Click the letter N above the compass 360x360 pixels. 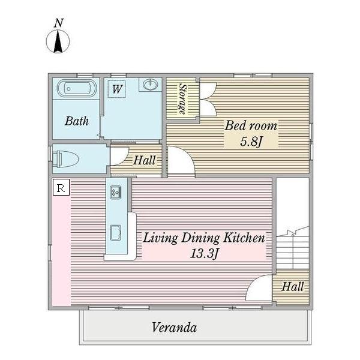tap(59, 23)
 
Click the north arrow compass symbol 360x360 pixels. tap(58, 41)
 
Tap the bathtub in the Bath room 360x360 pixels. tap(77, 88)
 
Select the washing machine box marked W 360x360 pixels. tap(117, 89)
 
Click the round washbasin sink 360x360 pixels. tap(151, 85)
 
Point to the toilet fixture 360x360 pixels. tap(65, 158)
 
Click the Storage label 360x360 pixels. tap(183, 99)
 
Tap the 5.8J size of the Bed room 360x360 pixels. tap(251, 141)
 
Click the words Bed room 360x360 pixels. tap(251, 126)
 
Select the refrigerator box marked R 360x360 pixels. tap(61, 187)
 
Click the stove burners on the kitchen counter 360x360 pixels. tap(115, 192)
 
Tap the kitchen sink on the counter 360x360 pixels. tap(116, 233)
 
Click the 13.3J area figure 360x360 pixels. tap(204, 253)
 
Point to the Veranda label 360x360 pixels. tap(174, 328)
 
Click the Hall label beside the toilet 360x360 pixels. tap(145, 160)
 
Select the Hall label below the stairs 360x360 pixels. tap(293, 287)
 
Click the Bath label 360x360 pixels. tap(77, 121)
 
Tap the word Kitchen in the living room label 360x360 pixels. tap(244, 238)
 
